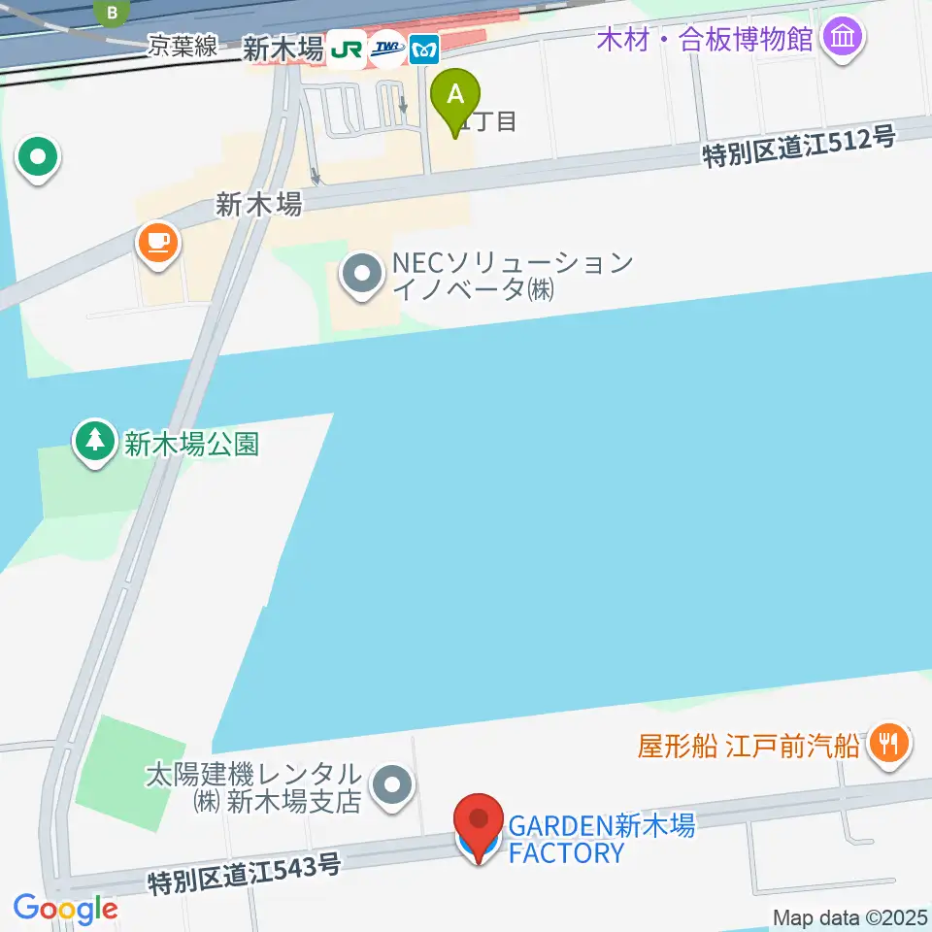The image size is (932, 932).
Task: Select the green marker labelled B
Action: coord(115,13)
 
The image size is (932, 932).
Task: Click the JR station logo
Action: coord(346,49)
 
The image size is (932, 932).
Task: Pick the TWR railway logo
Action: coord(386,49)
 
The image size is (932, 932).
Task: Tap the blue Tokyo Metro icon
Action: coord(424,49)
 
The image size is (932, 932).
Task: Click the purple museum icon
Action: coord(842,39)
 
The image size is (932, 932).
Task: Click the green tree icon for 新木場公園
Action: coord(94,442)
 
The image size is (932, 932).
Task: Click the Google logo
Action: coord(65,909)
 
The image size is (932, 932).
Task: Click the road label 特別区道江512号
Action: coord(798,148)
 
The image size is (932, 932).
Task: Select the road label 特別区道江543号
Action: coord(244,874)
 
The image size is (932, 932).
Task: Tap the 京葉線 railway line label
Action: coord(183,46)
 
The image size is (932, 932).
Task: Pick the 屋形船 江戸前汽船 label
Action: coord(749,746)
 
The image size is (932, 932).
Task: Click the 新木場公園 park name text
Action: coord(191,444)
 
